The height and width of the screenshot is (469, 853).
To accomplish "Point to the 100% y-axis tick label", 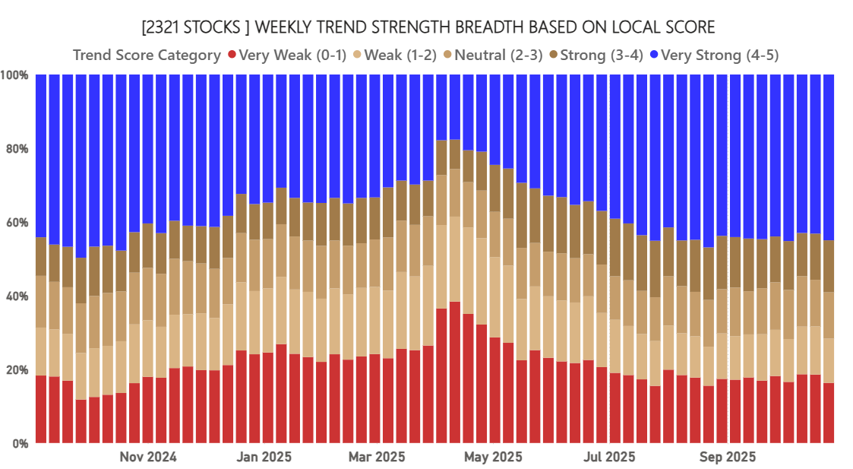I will tap(15, 75).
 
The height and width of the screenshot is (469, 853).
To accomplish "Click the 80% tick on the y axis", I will tap(17, 149).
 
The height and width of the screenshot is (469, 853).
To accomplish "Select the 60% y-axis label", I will tap(17, 223).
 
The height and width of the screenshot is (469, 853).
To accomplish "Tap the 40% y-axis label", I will tap(17, 296).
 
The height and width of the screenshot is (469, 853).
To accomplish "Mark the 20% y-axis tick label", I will tap(17, 369).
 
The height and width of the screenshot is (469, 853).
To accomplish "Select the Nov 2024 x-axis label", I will tap(148, 457).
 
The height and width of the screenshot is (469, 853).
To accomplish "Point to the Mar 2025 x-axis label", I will tap(376, 457).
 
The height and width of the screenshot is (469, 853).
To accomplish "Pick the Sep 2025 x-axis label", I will tap(727, 457).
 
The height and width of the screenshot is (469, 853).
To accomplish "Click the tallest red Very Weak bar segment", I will tap(455, 372).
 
